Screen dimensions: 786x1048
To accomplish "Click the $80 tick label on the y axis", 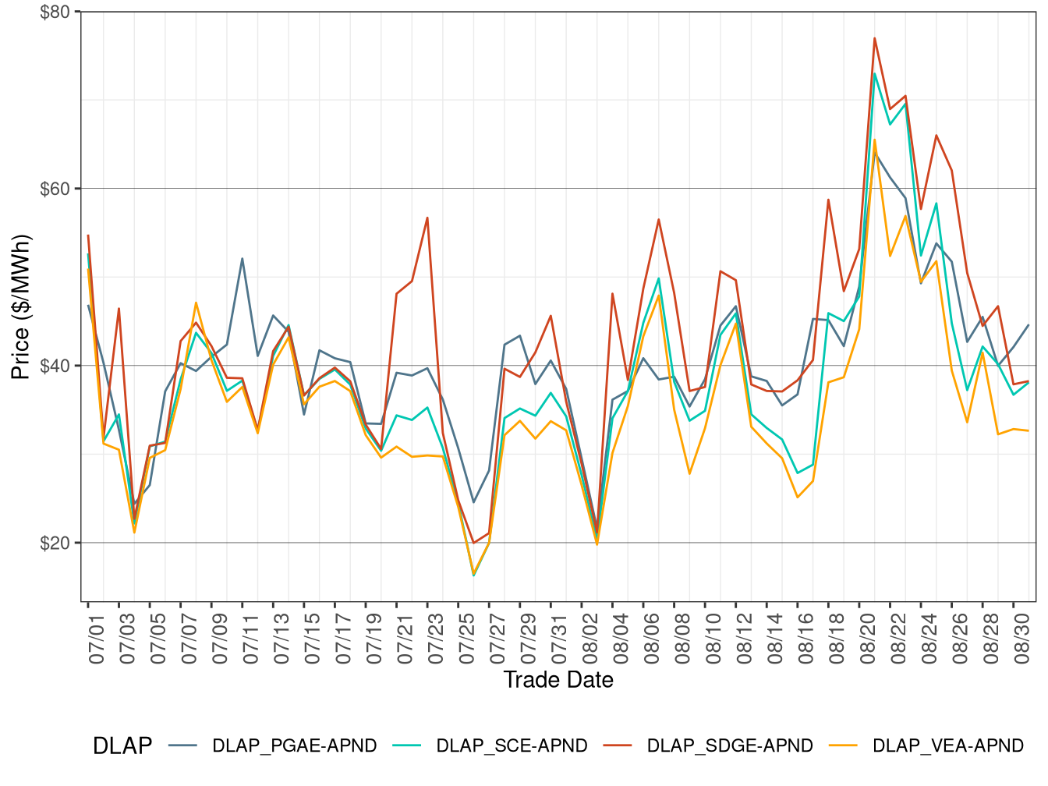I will tap(55, 12).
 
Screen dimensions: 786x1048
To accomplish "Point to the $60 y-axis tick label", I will tap(55, 189).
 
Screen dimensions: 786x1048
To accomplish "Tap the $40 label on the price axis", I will tap(55, 366).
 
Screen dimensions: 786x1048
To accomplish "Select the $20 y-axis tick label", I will tap(55, 543).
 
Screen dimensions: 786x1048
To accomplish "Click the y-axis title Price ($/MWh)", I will tap(20, 306).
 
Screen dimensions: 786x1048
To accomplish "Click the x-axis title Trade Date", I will tap(558, 680).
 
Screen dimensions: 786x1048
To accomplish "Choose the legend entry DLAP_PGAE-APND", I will tap(294, 745).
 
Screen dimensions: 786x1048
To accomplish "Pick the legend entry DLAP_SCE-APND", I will tap(512, 745).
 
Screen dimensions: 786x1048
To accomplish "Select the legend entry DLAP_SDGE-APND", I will tap(729, 745).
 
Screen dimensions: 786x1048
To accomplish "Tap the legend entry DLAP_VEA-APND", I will tap(947, 745).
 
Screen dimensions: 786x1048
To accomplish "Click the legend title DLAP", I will tap(122, 745).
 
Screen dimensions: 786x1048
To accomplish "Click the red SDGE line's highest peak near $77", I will tap(875, 38).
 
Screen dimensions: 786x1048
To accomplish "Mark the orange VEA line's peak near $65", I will tap(875, 140).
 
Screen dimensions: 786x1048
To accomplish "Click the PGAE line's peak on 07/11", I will tap(243, 259).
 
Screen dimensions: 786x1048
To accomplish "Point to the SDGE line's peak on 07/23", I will tap(427, 218).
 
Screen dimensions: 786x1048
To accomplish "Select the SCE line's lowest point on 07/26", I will tap(473, 575).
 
